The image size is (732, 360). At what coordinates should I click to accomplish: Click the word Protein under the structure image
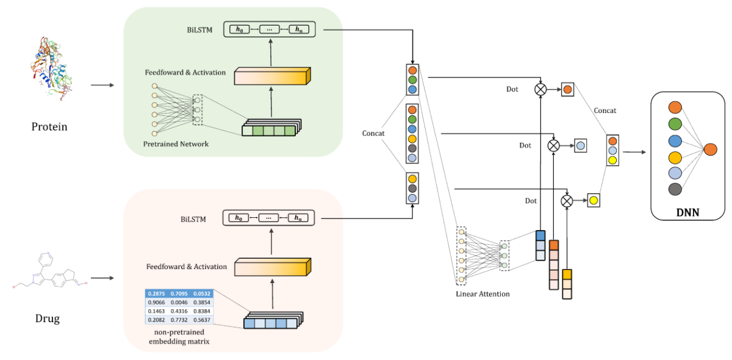(x=49, y=127)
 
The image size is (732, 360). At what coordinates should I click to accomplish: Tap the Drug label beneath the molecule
(x=46, y=318)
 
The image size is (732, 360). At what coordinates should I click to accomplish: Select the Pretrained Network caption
(x=176, y=144)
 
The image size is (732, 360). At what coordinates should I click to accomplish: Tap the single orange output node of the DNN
(x=710, y=149)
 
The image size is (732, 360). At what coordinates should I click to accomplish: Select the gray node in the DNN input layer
(x=675, y=189)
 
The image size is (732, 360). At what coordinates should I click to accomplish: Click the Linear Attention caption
(x=483, y=294)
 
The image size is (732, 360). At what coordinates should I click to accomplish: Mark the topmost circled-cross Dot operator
(x=540, y=90)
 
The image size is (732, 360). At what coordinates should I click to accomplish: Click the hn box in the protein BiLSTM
(x=299, y=29)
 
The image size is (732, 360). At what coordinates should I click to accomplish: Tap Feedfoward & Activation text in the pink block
(x=187, y=267)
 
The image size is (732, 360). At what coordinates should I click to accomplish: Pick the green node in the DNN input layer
(x=675, y=124)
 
